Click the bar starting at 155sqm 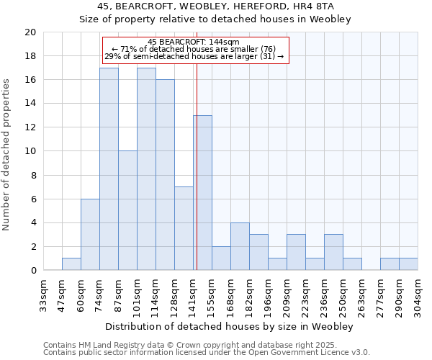[x=221, y=258]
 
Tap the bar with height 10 [x=127, y=211]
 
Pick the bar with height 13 [x=202, y=193]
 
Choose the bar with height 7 [x=184, y=229]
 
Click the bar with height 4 [x=240, y=247]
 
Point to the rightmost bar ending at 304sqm [x=408, y=264]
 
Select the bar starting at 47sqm [x=71, y=264]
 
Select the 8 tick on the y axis [x=33, y=175]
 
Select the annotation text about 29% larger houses [x=194, y=56]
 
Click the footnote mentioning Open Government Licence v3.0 [x=207, y=353]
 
